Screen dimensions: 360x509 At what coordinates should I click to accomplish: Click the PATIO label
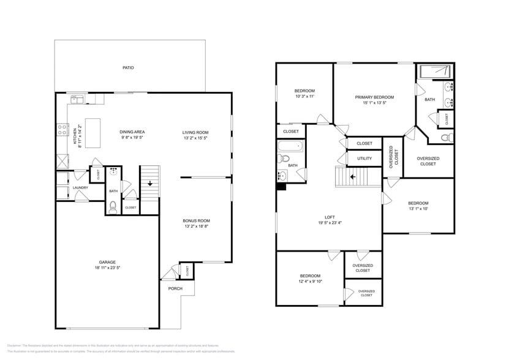tap(128, 68)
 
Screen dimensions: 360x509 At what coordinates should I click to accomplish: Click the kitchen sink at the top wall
tap(77, 99)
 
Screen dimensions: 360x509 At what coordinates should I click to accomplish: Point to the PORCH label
tap(175, 288)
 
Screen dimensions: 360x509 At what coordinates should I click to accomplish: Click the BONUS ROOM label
tap(196, 220)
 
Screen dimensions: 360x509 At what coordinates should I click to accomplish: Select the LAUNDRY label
tap(80, 188)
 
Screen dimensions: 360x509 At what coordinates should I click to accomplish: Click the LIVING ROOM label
tap(195, 132)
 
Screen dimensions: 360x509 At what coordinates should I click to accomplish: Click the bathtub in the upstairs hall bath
tap(291, 147)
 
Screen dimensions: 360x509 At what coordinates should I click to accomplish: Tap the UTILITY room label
tap(364, 159)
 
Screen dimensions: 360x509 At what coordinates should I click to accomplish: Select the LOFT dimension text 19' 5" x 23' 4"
tap(329, 223)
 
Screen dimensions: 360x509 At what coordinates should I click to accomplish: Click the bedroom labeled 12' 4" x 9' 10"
tap(309, 279)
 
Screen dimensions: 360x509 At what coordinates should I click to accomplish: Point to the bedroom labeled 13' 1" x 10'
tap(418, 206)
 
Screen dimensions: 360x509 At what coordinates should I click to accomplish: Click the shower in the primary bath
tap(433, 72)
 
